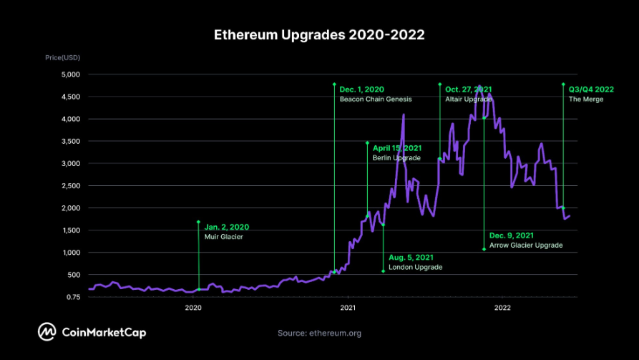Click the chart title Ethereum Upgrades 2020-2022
click(319, 34)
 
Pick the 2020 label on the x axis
click(193, 308)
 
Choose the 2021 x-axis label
click(348, 308)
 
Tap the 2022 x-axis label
click(502, 308)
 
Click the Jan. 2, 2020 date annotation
click(227, 227)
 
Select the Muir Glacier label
click(224, 236)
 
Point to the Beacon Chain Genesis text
click(371, 99)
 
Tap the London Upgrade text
click(415, 267)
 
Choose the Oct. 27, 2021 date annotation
click(469, 89)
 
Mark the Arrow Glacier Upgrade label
click(526, 245)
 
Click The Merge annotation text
click(586, 99)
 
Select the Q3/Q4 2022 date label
click(591, 89)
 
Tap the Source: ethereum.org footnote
click(319, 333)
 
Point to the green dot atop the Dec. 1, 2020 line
click(334, 84)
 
